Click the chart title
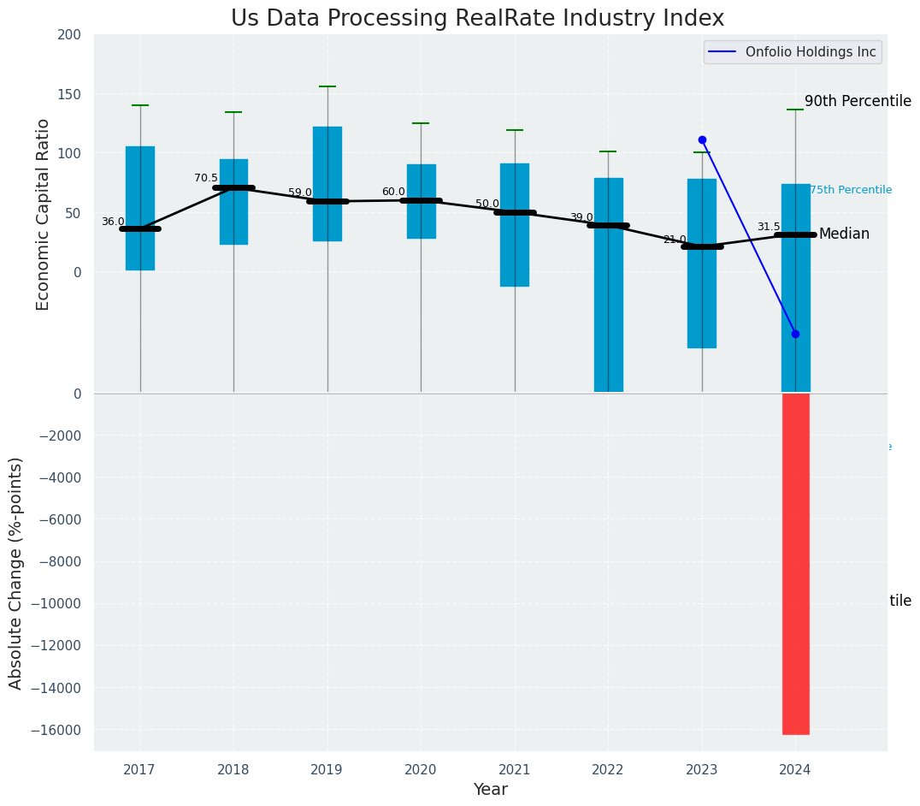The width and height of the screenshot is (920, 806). (x=477, y=19)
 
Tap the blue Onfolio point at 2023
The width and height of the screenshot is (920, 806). (x=702, y=139)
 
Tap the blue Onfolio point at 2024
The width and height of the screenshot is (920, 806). (x=795, y=334)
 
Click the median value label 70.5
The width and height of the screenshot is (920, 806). (x=206, y=178)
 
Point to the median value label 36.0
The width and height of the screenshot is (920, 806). (x=113, y=222)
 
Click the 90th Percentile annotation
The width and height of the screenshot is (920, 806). (x=858, y=101)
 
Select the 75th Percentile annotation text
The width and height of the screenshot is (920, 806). (x=850, y=190)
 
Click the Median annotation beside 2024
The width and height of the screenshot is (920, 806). (x=844, y=234)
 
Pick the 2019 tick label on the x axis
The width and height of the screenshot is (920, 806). (x=327, y=770)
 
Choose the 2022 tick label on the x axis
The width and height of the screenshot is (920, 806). (x=608, y=770)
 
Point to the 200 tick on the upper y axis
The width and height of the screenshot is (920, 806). (x=69, y=35)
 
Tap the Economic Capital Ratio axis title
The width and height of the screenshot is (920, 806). (x=44, y=214)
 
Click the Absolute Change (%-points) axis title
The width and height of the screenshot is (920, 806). (x=16, y=572)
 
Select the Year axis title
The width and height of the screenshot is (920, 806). (x=491, y=790)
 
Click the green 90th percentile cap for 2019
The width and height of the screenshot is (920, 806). (x=327, y=86)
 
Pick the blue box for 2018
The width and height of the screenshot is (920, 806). (x=233, y=202)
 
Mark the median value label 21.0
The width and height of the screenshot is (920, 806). (x=675, y=240)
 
